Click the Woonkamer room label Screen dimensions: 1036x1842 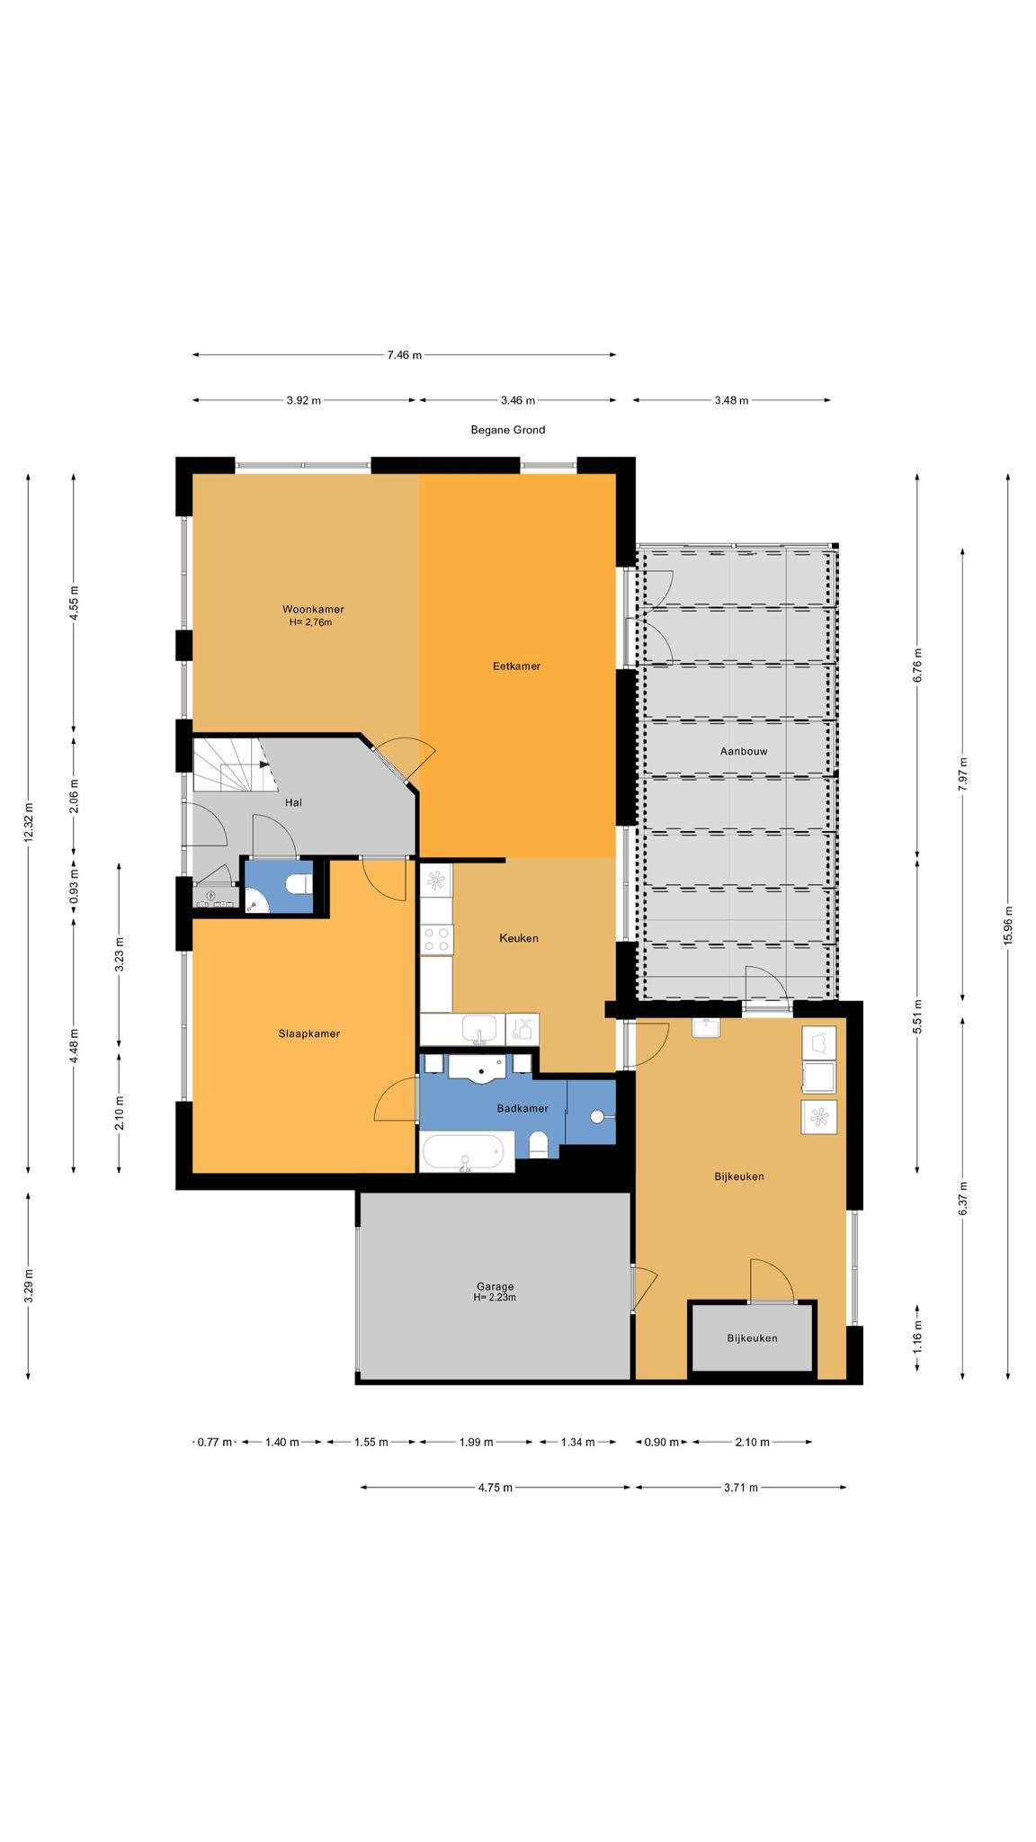[x=312, y=609]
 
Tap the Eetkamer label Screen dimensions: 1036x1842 [x=516, y=666]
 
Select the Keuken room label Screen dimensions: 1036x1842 [x=519, y=938]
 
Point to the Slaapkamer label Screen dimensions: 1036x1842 [x=309, y=1033]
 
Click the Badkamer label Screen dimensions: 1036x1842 [x=522, y=1108]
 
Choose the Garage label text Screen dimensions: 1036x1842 [x=495, y=1286]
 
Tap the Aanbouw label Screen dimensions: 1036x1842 [x=744, y=751]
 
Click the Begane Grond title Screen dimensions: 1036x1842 [x=508, y=430]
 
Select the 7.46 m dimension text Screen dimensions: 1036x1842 [x=405, y=355]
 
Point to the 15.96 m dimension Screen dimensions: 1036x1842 [x=1008, y=924]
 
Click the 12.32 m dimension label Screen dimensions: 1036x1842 [x=29, y=821]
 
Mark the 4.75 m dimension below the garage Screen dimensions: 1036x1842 [x=496, y=1488]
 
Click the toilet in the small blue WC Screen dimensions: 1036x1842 [x=298, y=885]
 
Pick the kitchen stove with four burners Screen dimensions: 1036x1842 [x=437, y=940]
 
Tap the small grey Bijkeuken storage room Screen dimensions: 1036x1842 [x=753, y=1337]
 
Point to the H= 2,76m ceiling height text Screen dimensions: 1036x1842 [x=311, y=622]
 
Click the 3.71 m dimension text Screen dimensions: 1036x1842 [x=741, y=1488]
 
